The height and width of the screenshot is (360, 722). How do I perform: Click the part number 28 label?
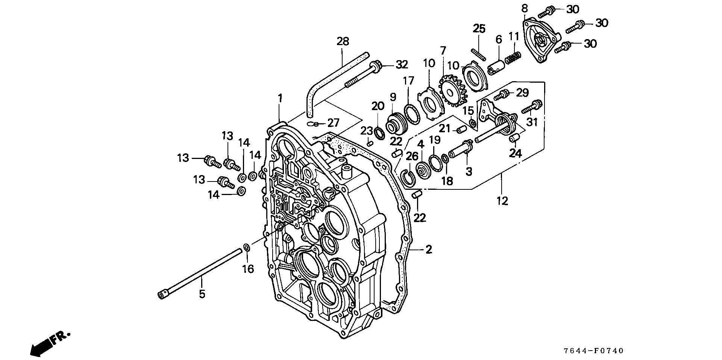point(343,41)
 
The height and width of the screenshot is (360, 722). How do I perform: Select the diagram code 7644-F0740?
point(593,351)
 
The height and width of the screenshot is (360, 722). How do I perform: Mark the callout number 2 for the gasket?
point(429,249)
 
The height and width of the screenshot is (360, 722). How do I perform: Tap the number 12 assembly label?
point(502,201)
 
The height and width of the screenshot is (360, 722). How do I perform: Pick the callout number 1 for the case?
point(280,98)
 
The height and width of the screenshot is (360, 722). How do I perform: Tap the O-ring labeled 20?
point(379,133)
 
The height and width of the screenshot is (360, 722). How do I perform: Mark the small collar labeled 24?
point(514,138)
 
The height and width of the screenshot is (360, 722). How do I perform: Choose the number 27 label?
point(333,123)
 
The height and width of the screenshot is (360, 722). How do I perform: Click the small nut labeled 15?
point(473,123)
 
